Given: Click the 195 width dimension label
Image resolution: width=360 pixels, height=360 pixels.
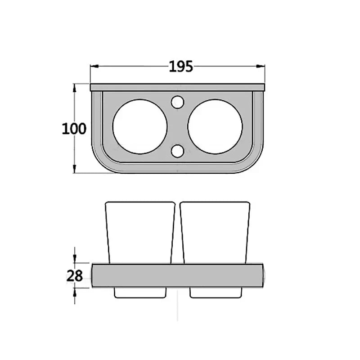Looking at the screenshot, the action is coord(181,67).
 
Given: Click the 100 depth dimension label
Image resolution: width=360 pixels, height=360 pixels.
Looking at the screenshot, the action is coord(74,129).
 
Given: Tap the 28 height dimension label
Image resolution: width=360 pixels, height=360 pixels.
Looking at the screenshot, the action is coord(74,276).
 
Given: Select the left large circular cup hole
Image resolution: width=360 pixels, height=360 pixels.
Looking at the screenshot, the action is coord(140,126).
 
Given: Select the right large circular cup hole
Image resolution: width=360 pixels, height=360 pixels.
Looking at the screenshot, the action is coord(215,126).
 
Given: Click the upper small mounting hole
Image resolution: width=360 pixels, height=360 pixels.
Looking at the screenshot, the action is coord(177,102).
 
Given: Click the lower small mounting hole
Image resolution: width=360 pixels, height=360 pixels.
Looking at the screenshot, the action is coord(177,151).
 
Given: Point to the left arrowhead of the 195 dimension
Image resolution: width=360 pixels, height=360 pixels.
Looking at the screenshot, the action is coord(94,66).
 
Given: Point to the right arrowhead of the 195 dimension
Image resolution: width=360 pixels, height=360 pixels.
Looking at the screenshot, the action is coord(261,66).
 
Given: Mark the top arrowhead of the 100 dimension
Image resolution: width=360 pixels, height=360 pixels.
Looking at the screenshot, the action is coord(74,88).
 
